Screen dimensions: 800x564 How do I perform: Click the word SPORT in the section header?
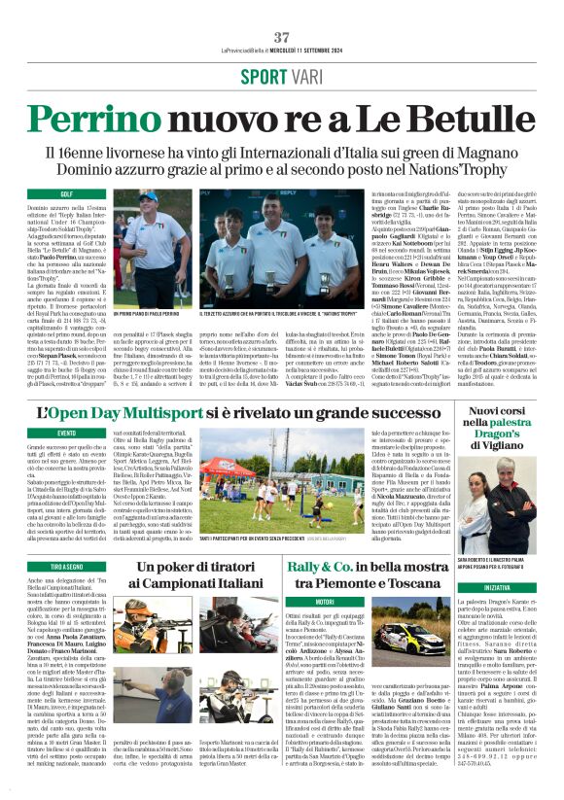pyautogui.click(x=264, y=76)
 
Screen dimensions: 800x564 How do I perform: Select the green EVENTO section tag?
pyautogui.click(x=67, y=433)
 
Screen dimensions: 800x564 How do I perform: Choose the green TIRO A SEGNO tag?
pyautogui.click(x=67, y=566)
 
